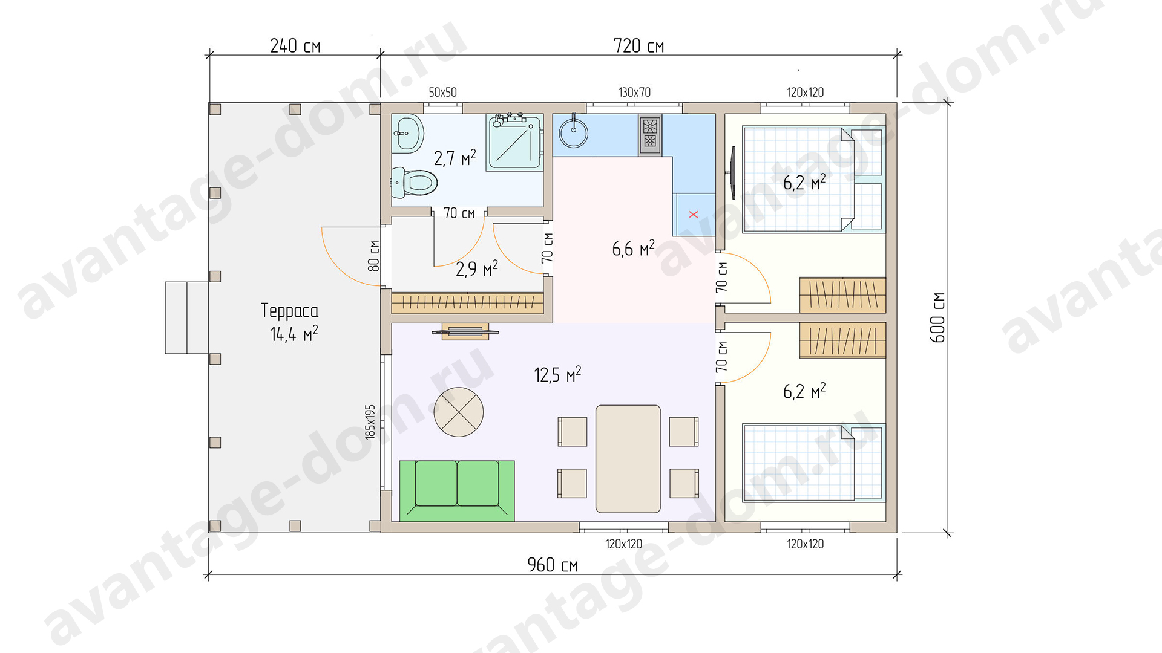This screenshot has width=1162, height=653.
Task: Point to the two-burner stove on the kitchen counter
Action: click(x=649, y=134)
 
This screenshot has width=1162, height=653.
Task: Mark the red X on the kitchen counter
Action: click(x=694, y=215)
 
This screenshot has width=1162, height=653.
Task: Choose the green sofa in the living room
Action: click(x=457, y=490)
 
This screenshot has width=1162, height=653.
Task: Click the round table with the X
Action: click(x=459, y=412)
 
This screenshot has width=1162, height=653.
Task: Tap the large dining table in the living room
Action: click(x=628, y=459)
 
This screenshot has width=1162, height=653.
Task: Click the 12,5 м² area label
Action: click(x=557, y=375)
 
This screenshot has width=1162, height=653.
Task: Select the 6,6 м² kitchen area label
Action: click(x=633, y=249)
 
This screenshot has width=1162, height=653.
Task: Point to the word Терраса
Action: click(x=289, y=311)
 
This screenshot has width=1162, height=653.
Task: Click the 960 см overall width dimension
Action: click(x=553, y=565)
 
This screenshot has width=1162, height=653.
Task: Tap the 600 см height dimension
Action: click(x=937, y=317)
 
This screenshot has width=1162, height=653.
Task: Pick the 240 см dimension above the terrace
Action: click(x=295, y=46)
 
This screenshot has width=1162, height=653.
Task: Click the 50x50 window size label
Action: click(x=442, y=93)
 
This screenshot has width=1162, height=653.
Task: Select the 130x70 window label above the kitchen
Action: click(x=634, y=93)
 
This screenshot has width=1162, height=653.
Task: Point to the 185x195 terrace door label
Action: click(x=370, y=422)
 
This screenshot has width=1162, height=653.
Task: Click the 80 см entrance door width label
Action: click(x=374, y=256)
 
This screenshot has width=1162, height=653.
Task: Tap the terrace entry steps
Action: click(x=187, y=317)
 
